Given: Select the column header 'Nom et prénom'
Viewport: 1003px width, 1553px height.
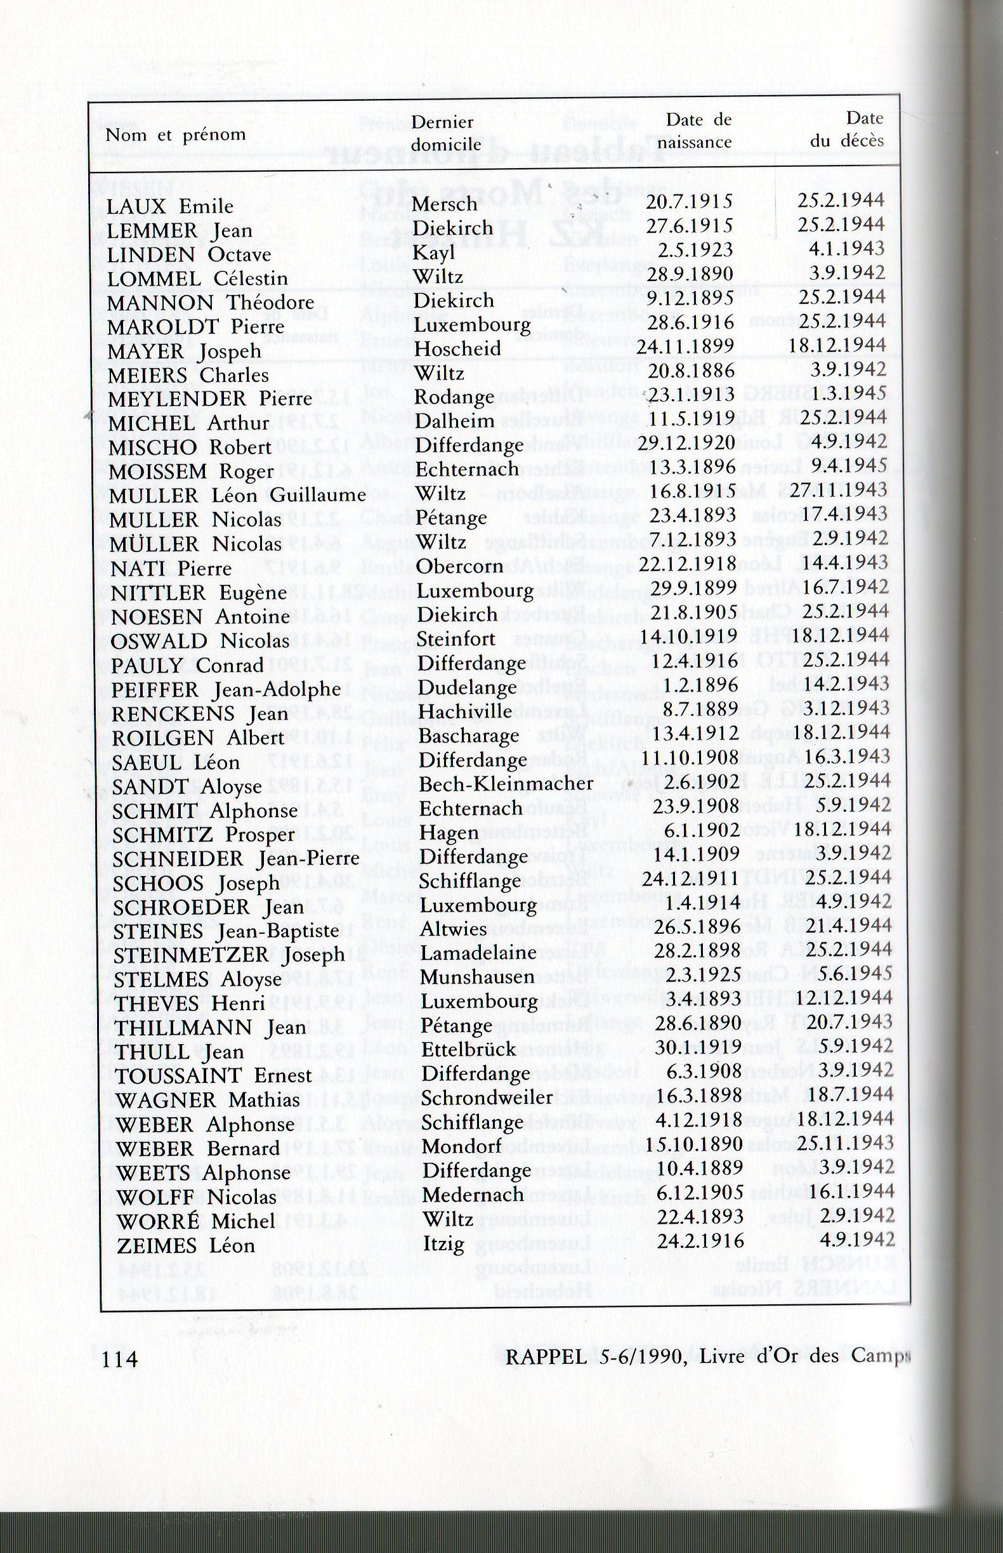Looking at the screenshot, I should pos(176,134).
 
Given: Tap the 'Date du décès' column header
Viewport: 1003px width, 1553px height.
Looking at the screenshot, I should pos(848,129).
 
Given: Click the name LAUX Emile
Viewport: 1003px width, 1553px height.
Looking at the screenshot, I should pos(170,206).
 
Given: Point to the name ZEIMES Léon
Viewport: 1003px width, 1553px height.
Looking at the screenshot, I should pos(186,1246).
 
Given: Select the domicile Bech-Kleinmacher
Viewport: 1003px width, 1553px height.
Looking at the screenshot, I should pos(506,783).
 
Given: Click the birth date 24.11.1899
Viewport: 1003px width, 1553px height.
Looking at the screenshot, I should pos(685,346).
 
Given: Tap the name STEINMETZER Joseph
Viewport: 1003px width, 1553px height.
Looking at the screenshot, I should pos(228,955).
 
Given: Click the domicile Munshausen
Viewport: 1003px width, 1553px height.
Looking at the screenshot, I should pos(478,977).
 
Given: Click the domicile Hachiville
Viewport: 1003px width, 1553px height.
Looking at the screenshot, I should pos(465,711).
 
